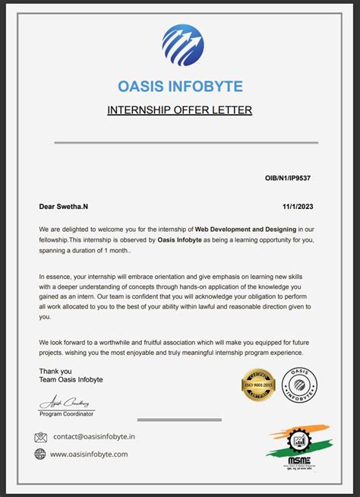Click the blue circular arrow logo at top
pos(182,45)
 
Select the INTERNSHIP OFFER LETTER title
pos(180,110)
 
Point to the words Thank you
pos(56,371)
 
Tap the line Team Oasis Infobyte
pos(71,380)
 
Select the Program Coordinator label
pos(67,413)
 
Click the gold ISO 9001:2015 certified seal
pos(257,384)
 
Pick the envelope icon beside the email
pos(41,437)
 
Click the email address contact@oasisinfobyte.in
pos(93,437)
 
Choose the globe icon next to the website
pos(41,454)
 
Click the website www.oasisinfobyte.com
pos(89,454)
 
